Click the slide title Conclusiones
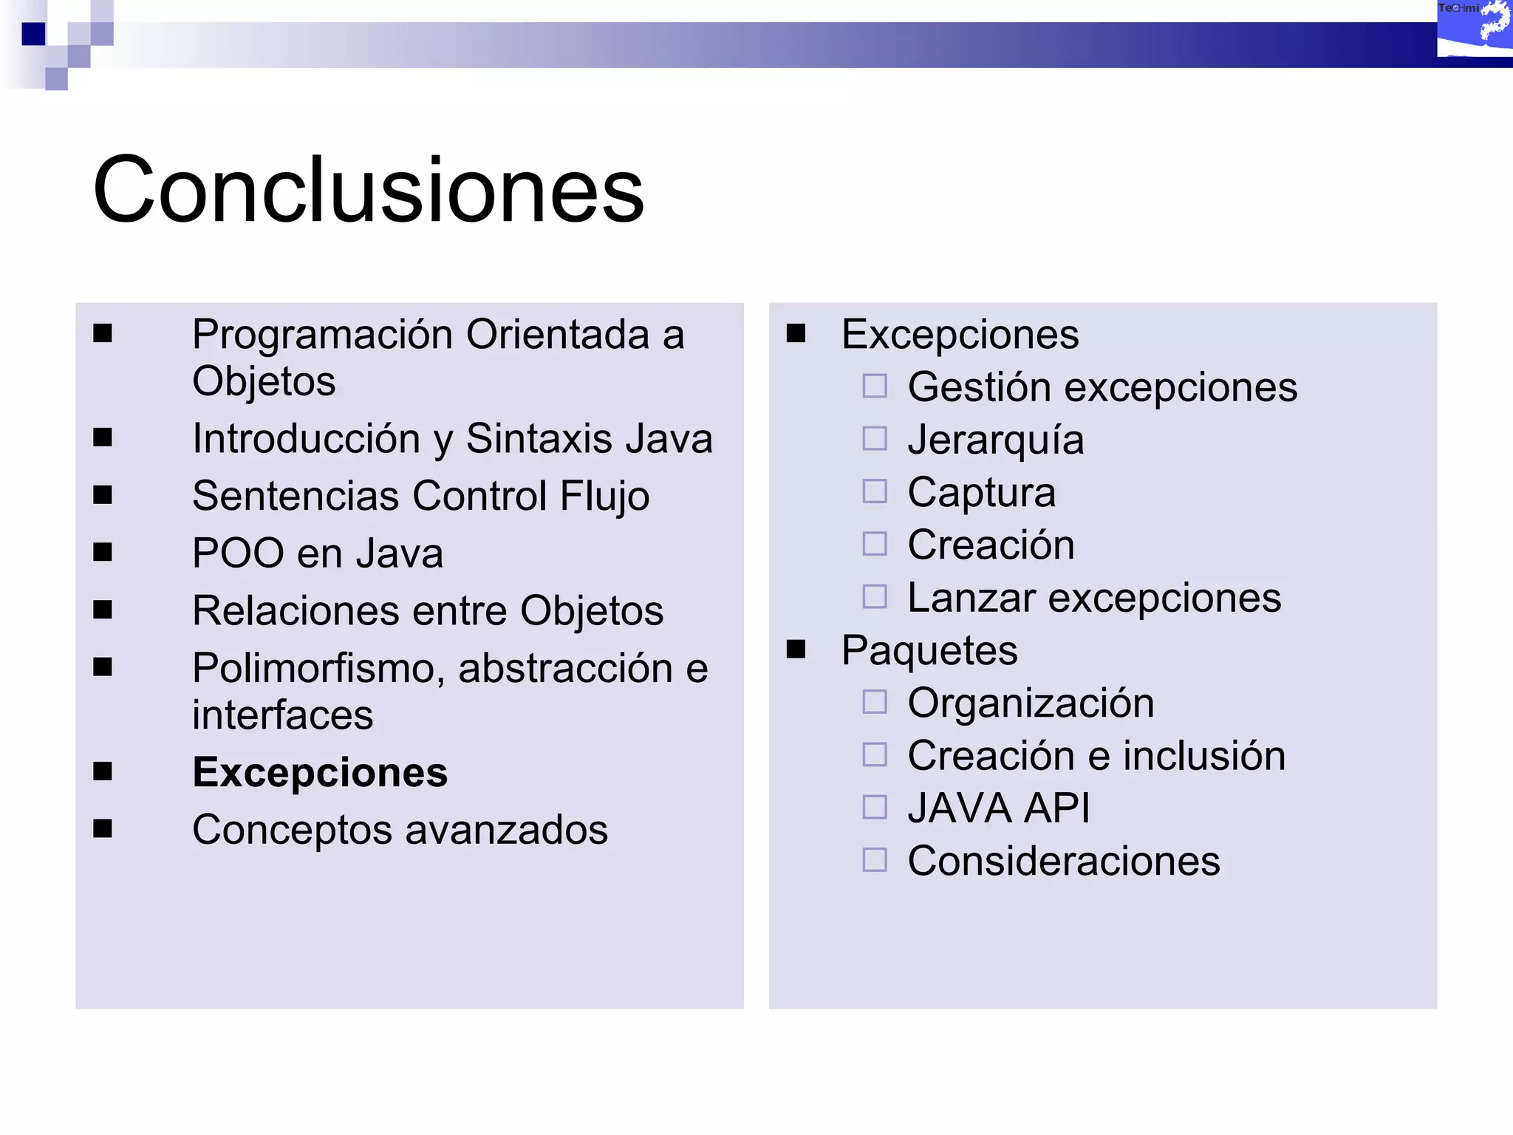point(368,190)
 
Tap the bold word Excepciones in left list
point(320,772)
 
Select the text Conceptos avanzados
point(400,829)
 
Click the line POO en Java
point(318,553)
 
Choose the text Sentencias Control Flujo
point(420,495)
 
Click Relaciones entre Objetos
point(428,610)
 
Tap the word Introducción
point(306,438)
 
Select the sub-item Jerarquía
point(995,440)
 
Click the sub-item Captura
point(981,492)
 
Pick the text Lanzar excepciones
point(1094,597)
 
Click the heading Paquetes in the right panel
point(929,650)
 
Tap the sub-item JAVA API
point(998,808)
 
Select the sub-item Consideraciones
point(1063,861)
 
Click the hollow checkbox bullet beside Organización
point(875,702)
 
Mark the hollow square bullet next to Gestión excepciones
point(875,386)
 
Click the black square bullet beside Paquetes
point(796,649)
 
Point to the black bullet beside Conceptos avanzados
point(103,828)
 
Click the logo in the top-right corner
point(1474,30)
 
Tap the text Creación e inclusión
point(1096,755)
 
